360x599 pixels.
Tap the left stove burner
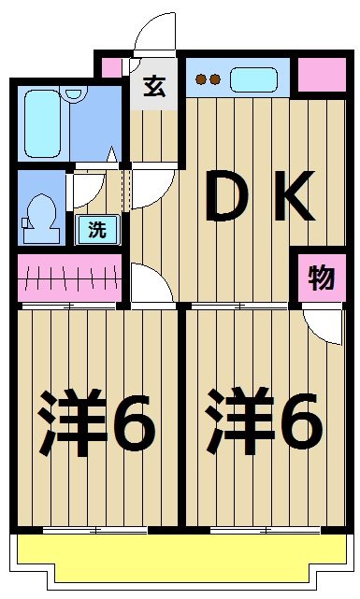(x=201, y=79)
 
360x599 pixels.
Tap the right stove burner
(x=214, y=79)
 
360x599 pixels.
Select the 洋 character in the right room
(x=239, y=426)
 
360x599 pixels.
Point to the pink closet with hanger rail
(x=70, y=278)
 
